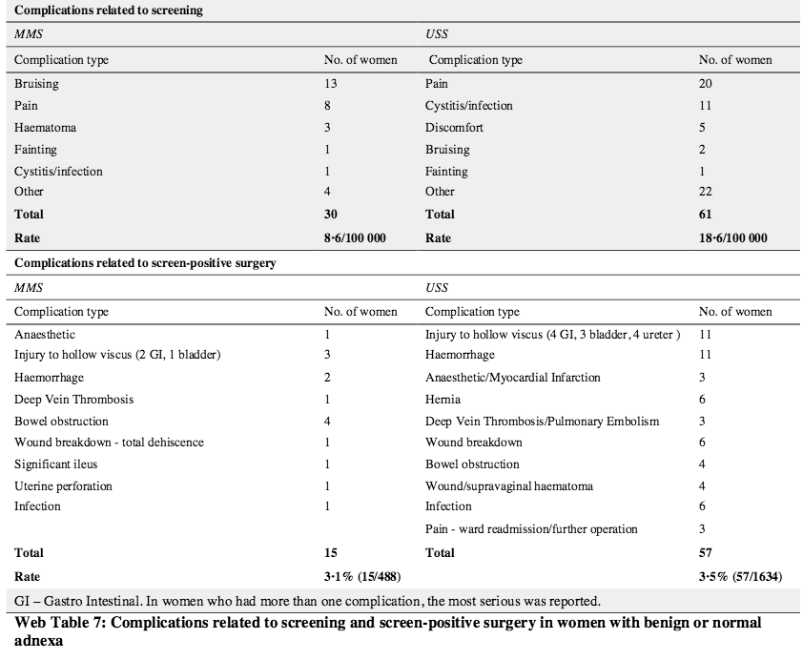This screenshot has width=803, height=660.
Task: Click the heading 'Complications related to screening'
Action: coord(107,11)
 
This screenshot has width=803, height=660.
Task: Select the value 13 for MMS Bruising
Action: coord(330,84)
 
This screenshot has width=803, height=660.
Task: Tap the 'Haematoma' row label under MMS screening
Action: coord(45,128)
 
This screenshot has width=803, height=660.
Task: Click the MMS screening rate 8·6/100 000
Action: coord(355,237)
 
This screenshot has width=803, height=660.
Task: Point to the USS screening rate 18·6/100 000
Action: coord(732,237)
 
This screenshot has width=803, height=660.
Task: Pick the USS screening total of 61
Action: coord(705,215)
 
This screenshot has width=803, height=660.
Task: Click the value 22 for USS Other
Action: coord(706,193)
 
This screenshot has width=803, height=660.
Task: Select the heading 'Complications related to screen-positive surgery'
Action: coord(144,263)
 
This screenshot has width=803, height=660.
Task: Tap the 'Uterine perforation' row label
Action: coord(63,486)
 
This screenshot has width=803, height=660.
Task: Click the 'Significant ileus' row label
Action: coord(56,464)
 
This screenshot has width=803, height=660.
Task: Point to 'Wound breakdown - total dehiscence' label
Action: coord(109,443)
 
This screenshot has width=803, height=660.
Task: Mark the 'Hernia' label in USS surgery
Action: coord(443,400)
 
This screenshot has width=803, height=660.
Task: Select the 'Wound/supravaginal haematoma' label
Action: coord(509,486)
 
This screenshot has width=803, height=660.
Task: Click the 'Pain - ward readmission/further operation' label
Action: coord(531,529)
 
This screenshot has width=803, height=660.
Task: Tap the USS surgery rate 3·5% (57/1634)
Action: coord(735,576)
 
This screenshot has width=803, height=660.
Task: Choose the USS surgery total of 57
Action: coord(705,552)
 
